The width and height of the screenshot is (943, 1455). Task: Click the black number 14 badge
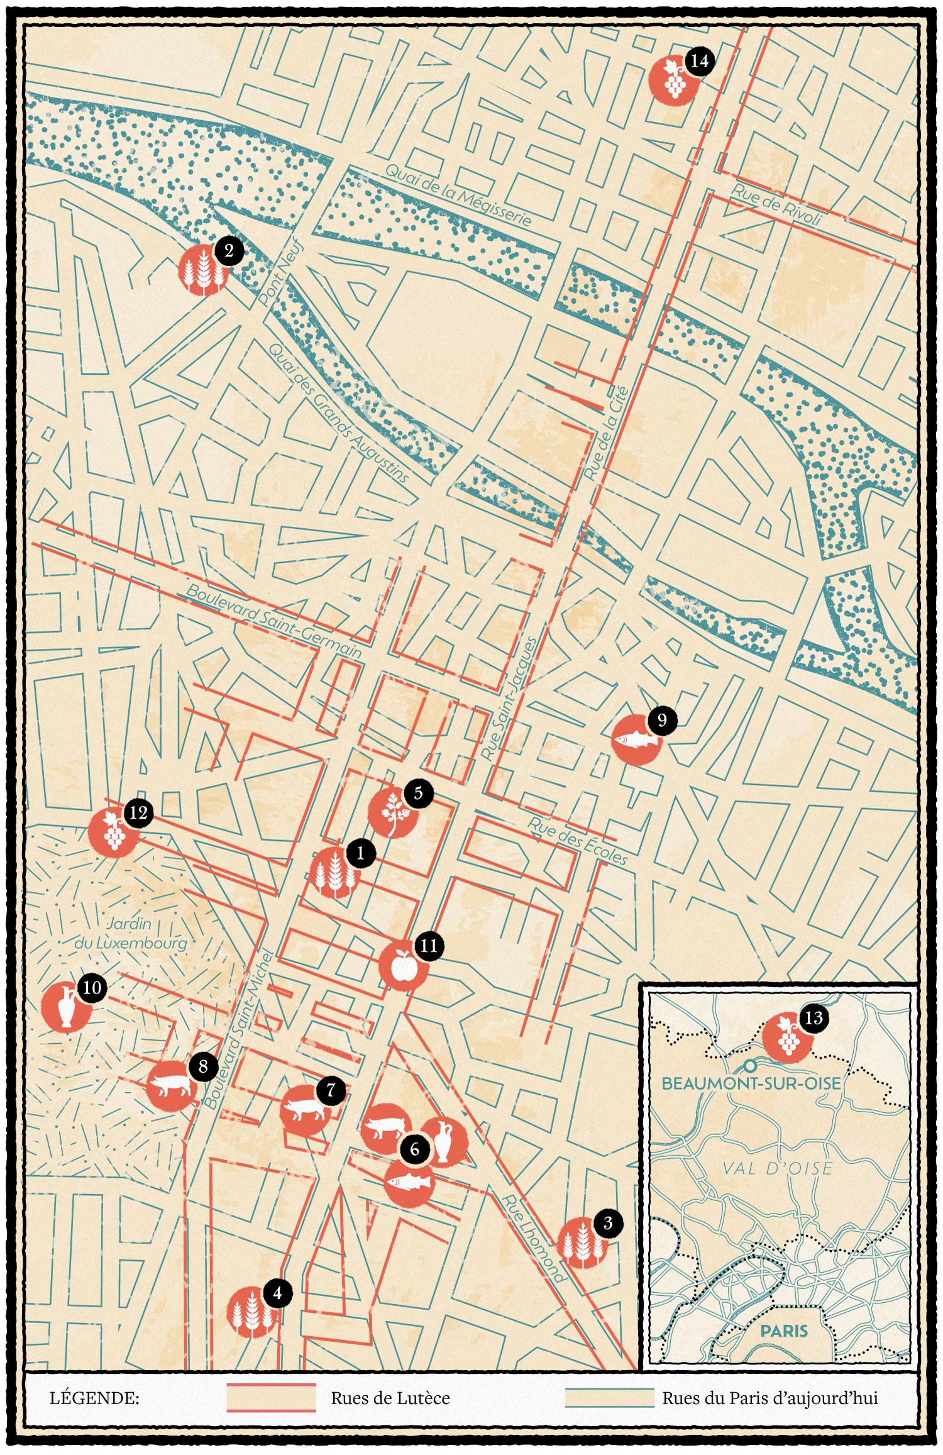click(699, 62)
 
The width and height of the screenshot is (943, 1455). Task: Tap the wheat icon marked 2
click(202, 271)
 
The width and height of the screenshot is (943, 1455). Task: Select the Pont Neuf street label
click(281, 272)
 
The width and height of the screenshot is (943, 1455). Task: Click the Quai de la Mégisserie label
click(458, 195)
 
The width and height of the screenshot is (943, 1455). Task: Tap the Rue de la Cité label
click(607, 433)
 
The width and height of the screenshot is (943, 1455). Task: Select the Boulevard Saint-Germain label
click(274, 621)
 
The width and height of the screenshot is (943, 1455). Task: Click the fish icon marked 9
click(636, 740)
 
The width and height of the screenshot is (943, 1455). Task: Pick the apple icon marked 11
click(403, 966)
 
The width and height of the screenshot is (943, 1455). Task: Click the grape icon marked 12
click(113, 833)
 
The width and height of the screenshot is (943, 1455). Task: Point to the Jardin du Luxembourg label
click(131, 933)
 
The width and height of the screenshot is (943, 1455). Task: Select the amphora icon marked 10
click(65, 1007)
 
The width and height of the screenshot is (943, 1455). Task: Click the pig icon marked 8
click(170, 1086)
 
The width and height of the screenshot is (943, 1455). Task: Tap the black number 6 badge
click(414, 1149)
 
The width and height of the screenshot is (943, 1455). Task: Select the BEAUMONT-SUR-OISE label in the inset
click(751, 1083)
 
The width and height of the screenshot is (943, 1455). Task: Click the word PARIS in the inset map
click(783, 1331)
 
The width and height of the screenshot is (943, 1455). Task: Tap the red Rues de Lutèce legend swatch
click(271, 1398)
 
